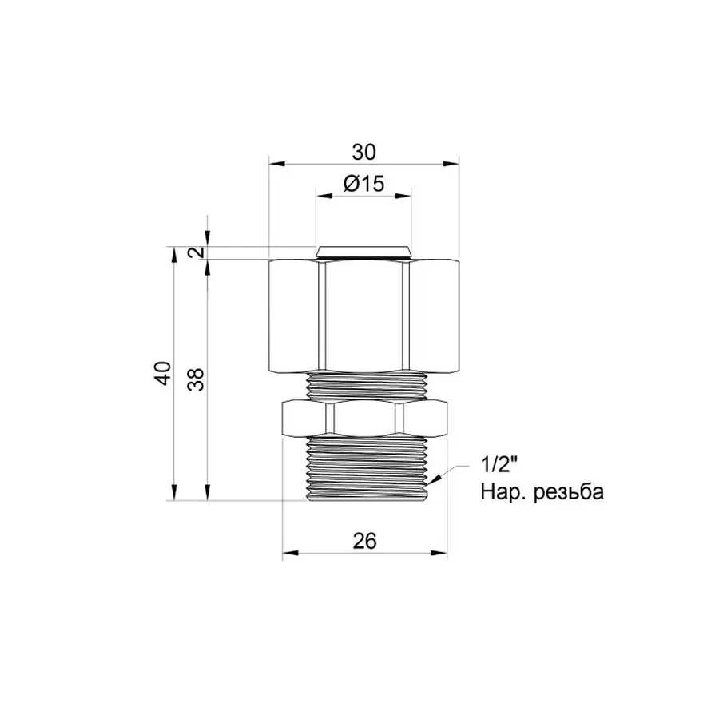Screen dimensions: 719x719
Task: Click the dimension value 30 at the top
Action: (x=363, y=152)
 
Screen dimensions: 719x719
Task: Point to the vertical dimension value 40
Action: (x=163, y=373)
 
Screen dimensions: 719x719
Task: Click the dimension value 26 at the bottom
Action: (x=364, y=541)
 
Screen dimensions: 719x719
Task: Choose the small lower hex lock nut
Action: (x=364, y=417)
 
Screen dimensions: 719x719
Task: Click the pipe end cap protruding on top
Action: (x=364, y=252)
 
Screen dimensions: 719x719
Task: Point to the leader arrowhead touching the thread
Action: (x=433, y=481)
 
